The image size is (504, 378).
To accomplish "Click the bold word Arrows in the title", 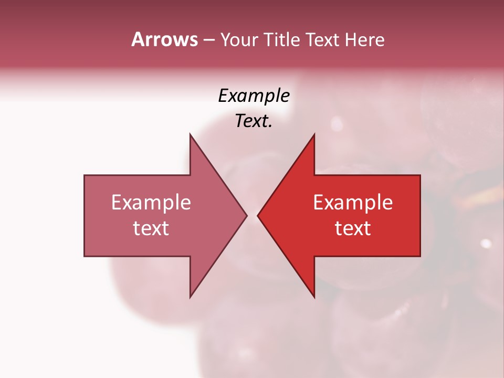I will point(164,39).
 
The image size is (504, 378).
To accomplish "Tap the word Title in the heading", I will point(282,40).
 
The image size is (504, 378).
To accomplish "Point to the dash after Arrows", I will point(208,40).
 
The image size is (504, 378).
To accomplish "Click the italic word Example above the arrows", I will point(254,96).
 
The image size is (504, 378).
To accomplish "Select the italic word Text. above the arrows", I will point(254,121).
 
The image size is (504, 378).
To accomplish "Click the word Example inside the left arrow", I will point(151,203).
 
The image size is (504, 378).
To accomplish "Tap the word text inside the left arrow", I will point(151,228).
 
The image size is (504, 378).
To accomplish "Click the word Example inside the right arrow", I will point(353,203).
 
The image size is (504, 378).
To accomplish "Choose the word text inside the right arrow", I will point(353,228).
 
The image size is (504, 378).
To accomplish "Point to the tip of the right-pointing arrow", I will point(247,215).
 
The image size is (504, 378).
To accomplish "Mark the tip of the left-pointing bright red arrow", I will point(258,215).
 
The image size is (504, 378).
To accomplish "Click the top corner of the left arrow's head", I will point(190,134).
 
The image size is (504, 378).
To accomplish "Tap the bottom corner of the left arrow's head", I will point(190,297).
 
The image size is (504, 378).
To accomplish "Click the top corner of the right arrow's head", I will point(314,134).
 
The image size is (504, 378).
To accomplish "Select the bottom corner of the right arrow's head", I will point(314,297).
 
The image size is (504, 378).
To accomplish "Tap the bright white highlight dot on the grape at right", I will point(486,243).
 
